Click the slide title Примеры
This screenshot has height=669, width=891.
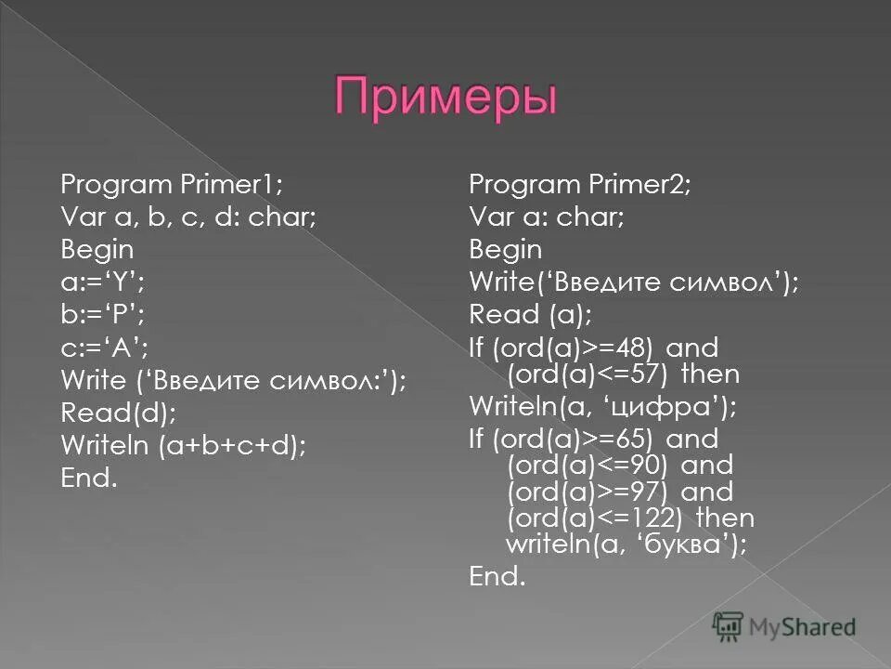tap(445, 98)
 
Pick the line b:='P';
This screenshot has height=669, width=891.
tap(97, 314)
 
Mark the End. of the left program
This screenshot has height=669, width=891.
tap(89, 479)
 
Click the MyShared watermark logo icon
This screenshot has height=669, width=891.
tap(729, 626)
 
